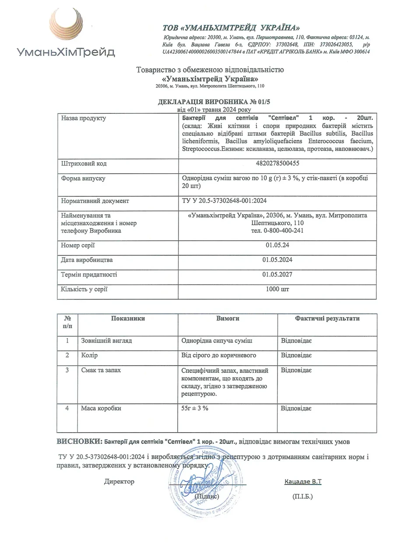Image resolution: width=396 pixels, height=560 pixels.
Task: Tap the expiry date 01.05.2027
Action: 277,275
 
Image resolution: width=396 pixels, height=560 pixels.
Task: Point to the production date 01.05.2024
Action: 277,260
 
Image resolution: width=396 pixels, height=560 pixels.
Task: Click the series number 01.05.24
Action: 277,245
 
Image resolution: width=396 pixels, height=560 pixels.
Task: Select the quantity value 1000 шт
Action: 277,289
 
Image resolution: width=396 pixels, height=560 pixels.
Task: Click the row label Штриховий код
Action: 84,164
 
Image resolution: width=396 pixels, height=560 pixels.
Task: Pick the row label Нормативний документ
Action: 95,201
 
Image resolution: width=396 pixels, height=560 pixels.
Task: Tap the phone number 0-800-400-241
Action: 277,231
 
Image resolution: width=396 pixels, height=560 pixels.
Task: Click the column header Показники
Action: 128,318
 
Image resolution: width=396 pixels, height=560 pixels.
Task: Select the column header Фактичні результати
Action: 327,318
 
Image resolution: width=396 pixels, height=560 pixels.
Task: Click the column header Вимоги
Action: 228,318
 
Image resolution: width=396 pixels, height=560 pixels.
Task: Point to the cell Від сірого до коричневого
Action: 218,355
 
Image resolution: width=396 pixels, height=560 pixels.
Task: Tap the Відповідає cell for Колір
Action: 296,355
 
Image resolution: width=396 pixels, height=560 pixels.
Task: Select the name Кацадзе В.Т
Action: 303,482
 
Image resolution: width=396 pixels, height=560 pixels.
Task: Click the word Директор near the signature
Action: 119,482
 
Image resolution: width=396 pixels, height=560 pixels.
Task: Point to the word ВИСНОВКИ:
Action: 79,440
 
